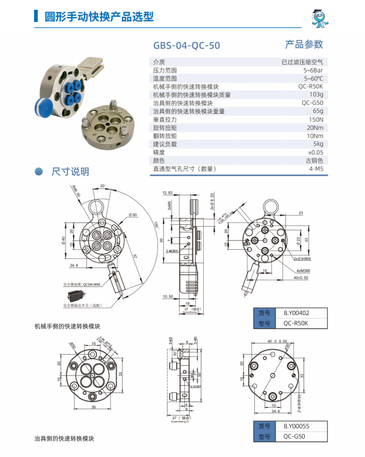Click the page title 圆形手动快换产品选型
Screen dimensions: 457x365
pos(94,17)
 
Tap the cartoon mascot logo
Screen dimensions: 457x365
pos(320,18)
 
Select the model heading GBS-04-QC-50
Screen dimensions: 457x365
pos(187,45)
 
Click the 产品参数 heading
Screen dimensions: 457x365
pos(304,44)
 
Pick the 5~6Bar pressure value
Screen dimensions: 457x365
pos(313,70)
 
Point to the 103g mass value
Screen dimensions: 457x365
pos(316,94)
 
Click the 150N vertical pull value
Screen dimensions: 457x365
pos(315,119)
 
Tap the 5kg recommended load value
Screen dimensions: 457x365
pos(318,144)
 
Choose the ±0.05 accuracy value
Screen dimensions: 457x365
pos(315,152)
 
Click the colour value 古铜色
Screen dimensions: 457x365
pos(314,160)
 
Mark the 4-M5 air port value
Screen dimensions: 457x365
pos(315,168)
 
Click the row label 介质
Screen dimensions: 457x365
pos(159,62)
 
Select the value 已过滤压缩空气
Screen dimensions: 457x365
pos(302,62)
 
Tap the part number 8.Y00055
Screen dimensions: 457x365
pos(296,427)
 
